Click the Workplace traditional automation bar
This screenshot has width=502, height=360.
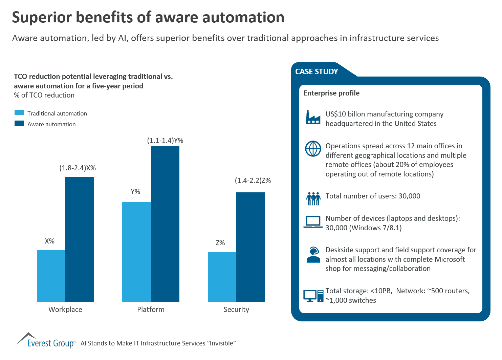click(51, 276)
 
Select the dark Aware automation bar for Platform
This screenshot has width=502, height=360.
click(165, 224)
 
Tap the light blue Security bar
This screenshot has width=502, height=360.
click(222, 277)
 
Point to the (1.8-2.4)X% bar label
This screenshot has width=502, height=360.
click(78, 168)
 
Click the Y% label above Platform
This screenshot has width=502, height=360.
click(135, 192)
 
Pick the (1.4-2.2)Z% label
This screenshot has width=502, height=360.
click(253, 181)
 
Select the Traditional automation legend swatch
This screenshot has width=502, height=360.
click(19, 113)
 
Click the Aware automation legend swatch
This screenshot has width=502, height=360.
click(19, 124)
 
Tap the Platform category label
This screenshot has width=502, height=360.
click(151, 310)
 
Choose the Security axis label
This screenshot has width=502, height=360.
click(236, 310)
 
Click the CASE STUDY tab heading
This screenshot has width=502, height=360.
click(317, 72)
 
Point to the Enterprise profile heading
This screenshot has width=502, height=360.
click(331, 93)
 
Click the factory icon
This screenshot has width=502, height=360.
click(313, 117)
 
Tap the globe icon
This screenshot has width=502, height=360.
click(313, 149)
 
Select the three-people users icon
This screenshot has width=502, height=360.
click(313, 199)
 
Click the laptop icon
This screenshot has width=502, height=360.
click(313, 222)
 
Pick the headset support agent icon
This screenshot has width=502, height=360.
click(313, 255)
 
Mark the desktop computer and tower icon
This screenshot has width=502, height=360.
click(313, 296)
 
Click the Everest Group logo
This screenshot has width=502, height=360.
click(46, 341)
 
